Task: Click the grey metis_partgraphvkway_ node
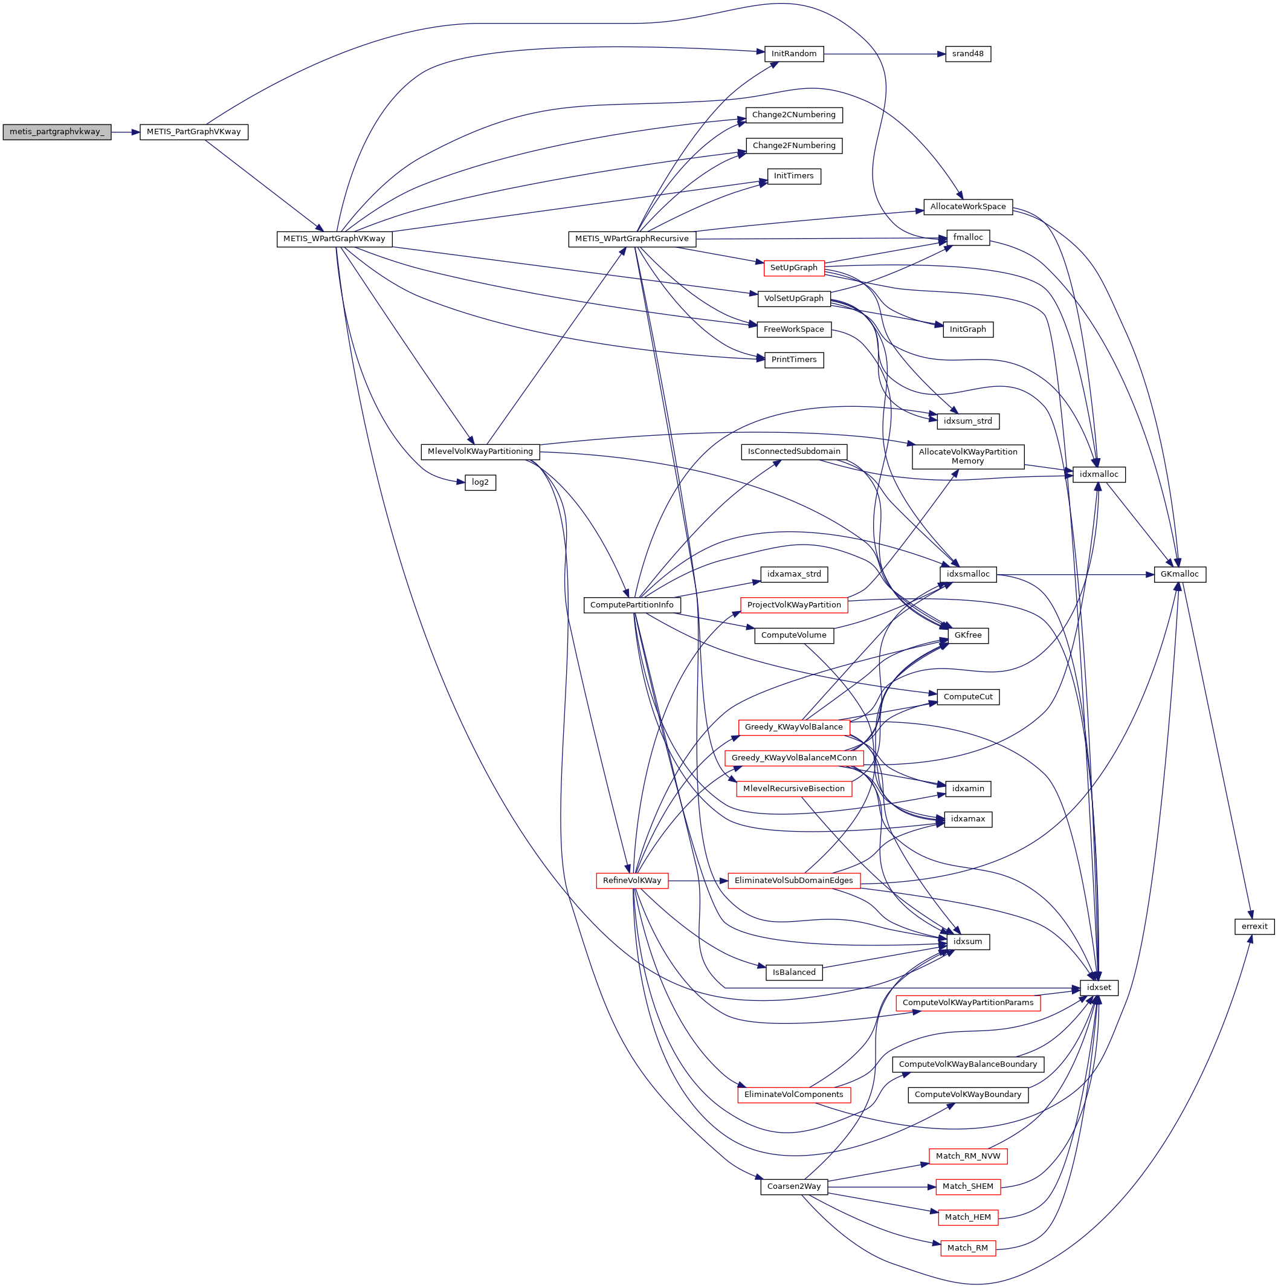click(x=57, y=132)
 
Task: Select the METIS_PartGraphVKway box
click(x=193, y=132)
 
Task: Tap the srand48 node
click(x=967, y=54)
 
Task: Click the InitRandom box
click(x=793, y=54)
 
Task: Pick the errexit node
click(x=1254, y=927)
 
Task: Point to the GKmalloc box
click(x=1180, y=574)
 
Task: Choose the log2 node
click(x=480, y=482)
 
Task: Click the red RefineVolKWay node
click(x=631, y=881)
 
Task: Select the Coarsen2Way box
click(x=793, y=1186)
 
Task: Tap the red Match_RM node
click(x=967, y=1248)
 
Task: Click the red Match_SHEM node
click(x=967, y=1186)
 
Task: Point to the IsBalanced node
click(x=793, y=972)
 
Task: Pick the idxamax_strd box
click(x=793, y=574)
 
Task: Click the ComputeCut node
click(x=967, y=697)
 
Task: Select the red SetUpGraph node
click(x=793, y=268)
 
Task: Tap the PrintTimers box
click(x=793, y=360)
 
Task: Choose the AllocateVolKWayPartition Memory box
click(x=967, y=457)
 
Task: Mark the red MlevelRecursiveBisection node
click(x=793, y=789)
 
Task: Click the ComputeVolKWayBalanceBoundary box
click(x=967, y=1064)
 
